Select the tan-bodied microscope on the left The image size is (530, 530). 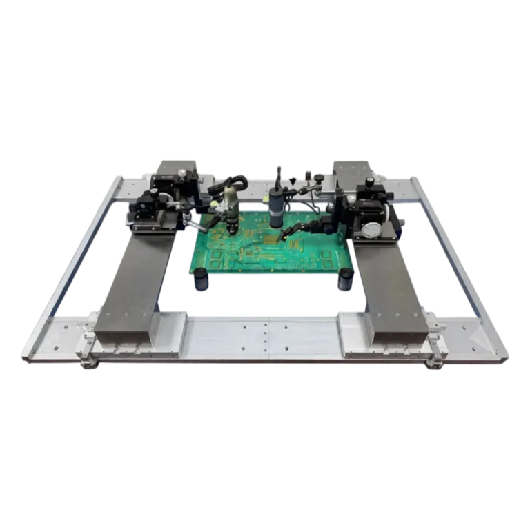click(x=231, y=207)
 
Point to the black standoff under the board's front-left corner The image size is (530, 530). click(x=201, y=279)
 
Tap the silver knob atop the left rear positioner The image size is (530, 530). click(x=181, y=173)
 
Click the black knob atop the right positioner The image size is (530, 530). click(x=370, y=181)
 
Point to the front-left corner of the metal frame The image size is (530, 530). click(x=26, y=355)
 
